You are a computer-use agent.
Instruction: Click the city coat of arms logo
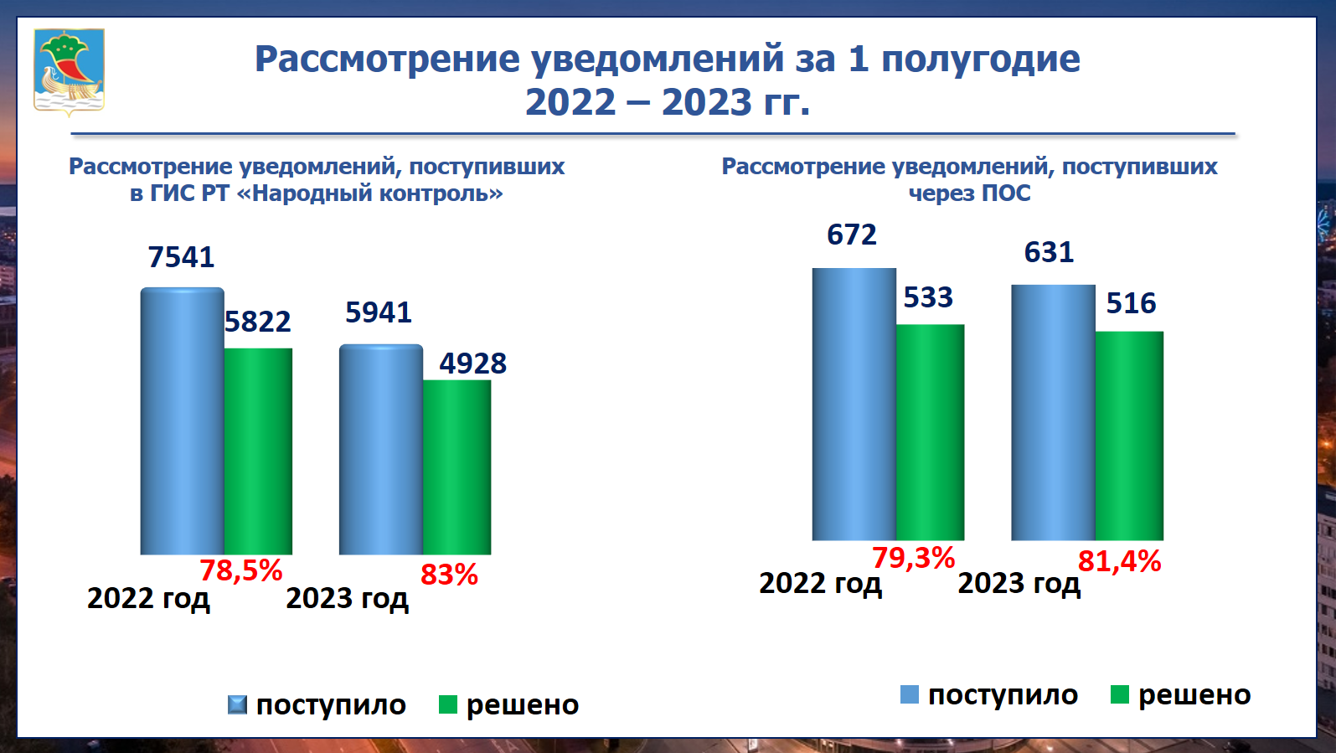[70, 71]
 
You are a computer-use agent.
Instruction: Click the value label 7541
[181, 257]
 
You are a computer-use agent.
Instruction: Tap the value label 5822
[258, 322]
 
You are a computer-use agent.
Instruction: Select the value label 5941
[379, 312]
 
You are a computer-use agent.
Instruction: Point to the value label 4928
[473, 364]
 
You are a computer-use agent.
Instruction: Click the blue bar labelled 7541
[183, 421]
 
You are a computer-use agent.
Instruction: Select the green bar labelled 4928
[457, 467]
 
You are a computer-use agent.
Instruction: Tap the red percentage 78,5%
[241, 570]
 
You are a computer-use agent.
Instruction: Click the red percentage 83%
[449, 575]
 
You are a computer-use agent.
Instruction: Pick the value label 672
[852, 235]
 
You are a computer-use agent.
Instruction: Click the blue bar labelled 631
[1053, 413]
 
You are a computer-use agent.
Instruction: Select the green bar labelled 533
[930, 432]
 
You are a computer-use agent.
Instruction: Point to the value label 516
[1131, 303]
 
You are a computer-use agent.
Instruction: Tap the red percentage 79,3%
[914, 558]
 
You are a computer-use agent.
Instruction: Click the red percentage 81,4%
[1120, 561]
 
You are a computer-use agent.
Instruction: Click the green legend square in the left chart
[448, 704]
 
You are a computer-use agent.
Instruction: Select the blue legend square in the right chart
[910, 694]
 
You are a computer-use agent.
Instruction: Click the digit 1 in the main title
[859, 59]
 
